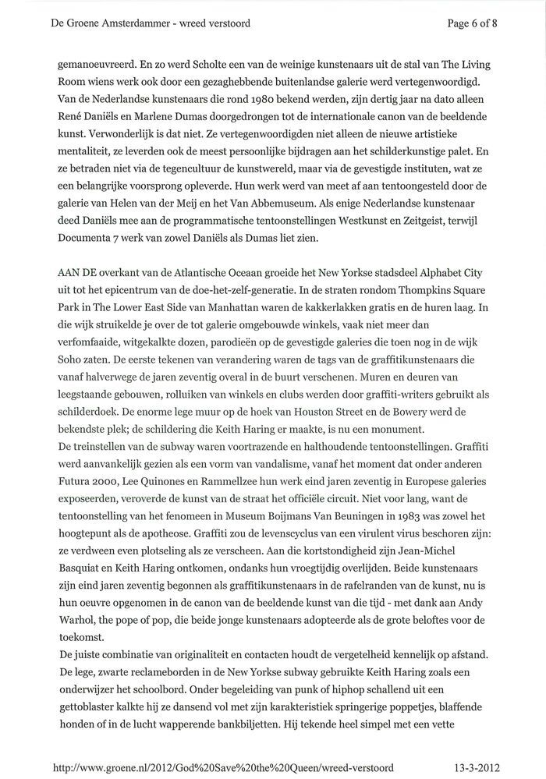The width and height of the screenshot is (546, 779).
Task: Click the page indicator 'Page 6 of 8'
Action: tap(472, 23)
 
